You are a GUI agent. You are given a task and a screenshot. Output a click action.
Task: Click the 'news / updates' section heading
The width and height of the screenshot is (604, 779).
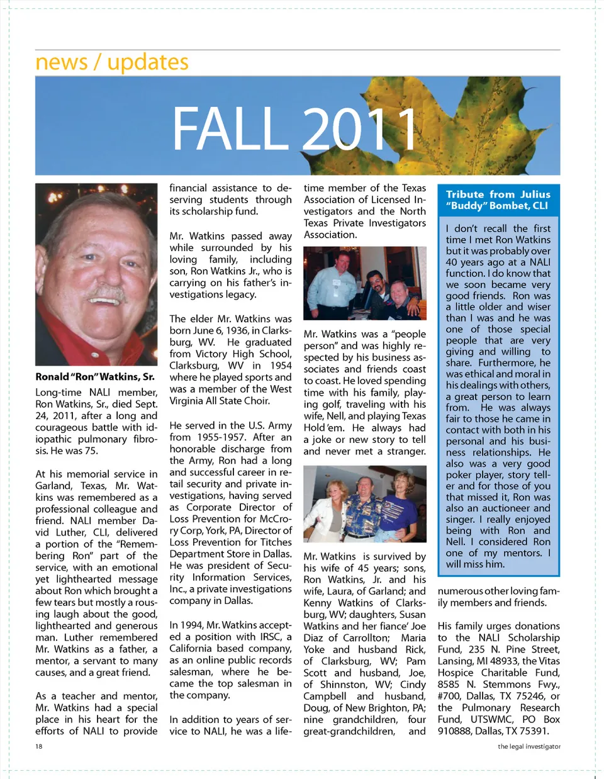coord(112,62)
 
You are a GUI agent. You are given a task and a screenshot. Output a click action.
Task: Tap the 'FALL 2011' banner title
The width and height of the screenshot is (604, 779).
coord(295,129)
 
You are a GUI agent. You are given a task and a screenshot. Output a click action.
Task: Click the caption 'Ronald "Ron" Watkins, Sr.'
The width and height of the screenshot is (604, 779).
coord(95,377)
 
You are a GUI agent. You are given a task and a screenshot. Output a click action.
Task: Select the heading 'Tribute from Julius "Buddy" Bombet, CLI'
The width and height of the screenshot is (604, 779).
coord(498,200)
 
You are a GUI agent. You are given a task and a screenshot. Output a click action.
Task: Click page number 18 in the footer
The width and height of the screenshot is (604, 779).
coord(39,746)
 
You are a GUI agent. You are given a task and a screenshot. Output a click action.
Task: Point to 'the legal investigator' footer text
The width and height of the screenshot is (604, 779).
coord(528,746)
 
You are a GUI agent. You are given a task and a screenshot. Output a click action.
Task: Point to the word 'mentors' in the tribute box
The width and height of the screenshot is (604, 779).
coord(519,553)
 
